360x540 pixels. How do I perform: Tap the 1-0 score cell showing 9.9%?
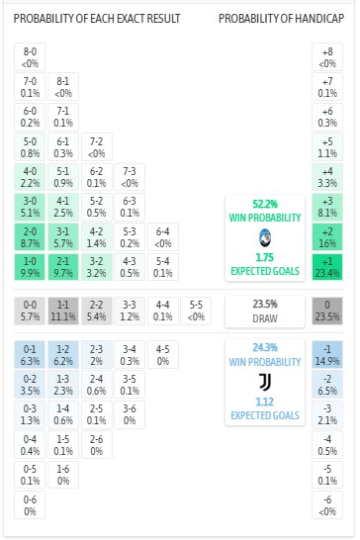coord(31,266)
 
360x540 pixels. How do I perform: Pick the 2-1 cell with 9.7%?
coord(63,266)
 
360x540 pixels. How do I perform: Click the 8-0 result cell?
coord(31,55)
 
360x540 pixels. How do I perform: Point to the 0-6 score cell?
coord(31,505)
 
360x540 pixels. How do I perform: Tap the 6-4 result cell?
coord(163,236)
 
